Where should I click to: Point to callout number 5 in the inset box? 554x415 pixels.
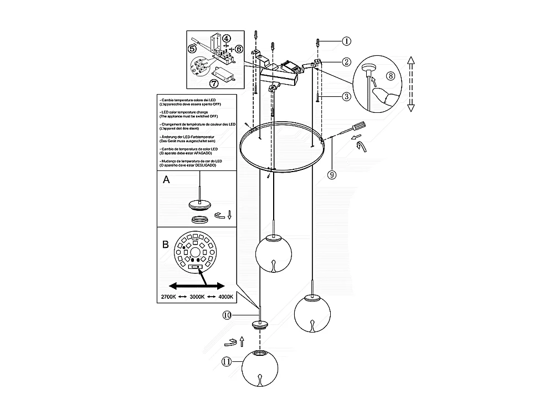192,49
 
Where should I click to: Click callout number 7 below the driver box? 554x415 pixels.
214,84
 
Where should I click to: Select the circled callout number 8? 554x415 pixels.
390,76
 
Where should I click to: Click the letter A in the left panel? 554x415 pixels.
167,180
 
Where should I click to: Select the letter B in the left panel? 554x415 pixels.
166,244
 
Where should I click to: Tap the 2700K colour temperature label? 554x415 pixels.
169,297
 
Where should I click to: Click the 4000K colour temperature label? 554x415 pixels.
225,297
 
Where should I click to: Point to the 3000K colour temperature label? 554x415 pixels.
197,297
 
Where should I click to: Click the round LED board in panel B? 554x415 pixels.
195,254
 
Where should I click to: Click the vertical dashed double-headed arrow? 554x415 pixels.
411,84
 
